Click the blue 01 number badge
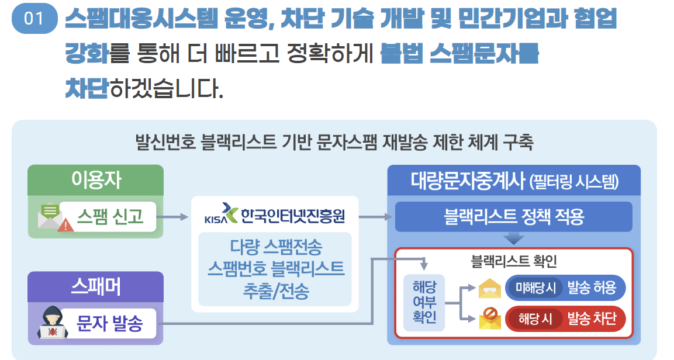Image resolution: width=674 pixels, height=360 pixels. (34, 19)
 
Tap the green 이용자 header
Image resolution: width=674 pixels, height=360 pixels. (96, 180)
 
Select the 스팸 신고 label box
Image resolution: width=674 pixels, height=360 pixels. (109, 217)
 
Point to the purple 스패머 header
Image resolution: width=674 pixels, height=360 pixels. (96, 286)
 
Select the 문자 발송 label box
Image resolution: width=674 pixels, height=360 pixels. (109, 323)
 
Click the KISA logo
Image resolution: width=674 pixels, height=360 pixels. (220, 216)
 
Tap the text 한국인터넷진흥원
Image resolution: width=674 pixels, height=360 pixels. (293, 216)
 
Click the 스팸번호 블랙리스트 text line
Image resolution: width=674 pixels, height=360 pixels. (275, 269)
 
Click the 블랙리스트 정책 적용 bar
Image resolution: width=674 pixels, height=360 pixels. (514, 217)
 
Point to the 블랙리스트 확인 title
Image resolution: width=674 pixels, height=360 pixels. (514, 261)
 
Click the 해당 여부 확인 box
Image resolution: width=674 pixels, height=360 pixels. (424, 303)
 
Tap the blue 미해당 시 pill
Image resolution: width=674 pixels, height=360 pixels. (535, 288)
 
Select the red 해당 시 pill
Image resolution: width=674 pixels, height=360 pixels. (535, 319)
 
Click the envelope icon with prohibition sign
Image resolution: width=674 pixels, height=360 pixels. (490, 319)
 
